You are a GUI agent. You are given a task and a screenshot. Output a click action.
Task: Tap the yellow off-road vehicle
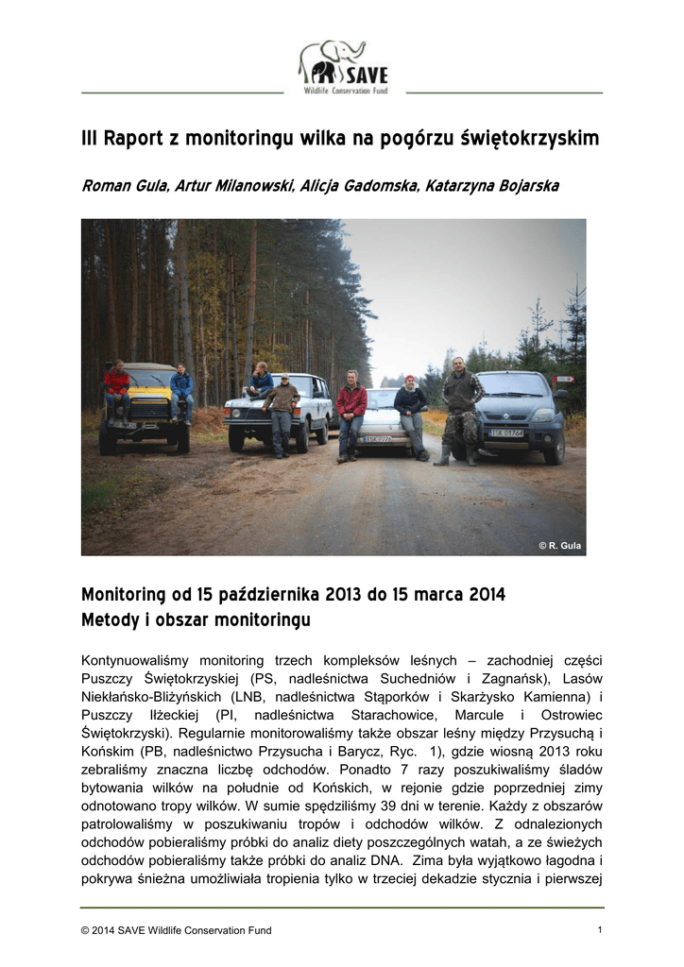pyautogui.click(x=146, y=410)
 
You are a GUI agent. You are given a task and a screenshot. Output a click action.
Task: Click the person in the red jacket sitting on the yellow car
pyautogui.click(x=117, y=387)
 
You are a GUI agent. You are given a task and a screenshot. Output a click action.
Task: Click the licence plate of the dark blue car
pyautogui.click(x=507, y=433)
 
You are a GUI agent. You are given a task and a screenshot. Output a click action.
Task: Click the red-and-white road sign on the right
pyautogui.click(x=564, y=379)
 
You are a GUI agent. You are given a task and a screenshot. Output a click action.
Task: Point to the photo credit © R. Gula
pyautogui.click(x=559, y=546)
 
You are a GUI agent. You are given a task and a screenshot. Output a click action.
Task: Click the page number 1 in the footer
pyautogui.click(x=600, y=930)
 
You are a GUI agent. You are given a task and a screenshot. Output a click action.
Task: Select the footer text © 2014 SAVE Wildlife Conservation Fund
pyautogui.click(x=177, y=930)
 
